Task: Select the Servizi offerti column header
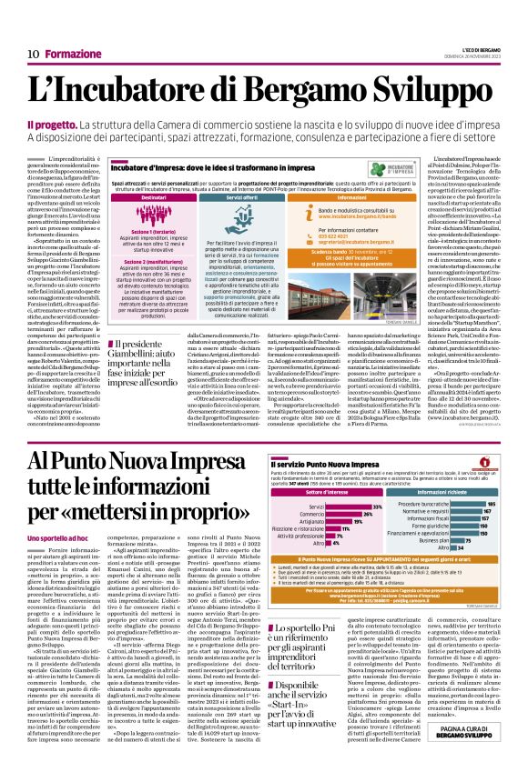[241, 197]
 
